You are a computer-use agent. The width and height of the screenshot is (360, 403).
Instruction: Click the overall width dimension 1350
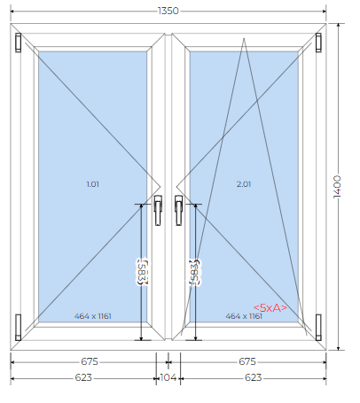pos(168,11)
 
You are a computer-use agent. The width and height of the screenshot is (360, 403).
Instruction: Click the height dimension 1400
pos(337,187)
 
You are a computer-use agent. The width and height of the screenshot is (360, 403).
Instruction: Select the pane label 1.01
pos(92,184)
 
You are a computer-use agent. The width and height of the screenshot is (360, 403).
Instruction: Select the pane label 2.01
pos(244,184)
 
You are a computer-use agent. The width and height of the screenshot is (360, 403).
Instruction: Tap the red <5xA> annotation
pos(270,308)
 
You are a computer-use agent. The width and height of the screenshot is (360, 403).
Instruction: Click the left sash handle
pos(158,210)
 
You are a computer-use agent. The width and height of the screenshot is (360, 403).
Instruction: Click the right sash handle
pos(179,210)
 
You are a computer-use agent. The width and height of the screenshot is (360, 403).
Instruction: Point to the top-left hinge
pos(19,43)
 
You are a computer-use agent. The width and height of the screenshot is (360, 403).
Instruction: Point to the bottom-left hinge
pos(19,327)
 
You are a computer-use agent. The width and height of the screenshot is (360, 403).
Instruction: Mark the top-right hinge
pos(318,43)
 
